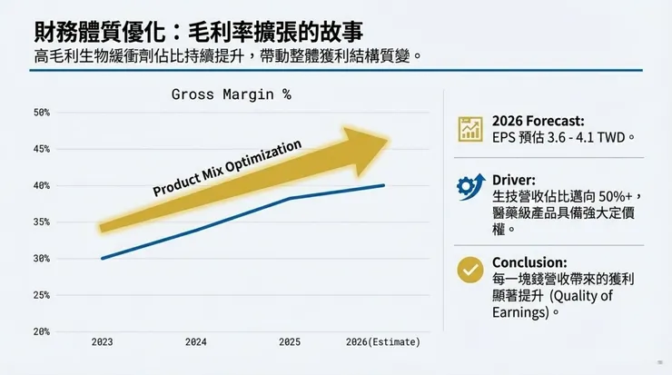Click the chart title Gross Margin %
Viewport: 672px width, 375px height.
(x=232, y=94)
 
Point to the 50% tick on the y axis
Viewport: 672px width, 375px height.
(x=42, y=113)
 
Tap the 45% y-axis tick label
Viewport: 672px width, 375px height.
(x=42, y=149)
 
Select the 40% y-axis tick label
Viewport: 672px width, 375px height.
(x=42, y=186)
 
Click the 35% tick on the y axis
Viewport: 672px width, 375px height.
(x=42, y=222)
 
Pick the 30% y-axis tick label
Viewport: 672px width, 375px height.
(x=42, y=259)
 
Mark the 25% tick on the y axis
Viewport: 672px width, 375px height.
(x=42, y=295)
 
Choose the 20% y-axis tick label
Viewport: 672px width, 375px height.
(x=42, y=331)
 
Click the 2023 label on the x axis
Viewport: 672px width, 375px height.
(x=102, y=342)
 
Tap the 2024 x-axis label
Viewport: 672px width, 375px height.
(x=195, y=342)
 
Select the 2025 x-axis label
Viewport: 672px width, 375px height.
(x=289, y=342)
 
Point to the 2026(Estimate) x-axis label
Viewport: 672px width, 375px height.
(x=382, y=342)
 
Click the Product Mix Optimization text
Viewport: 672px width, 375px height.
(x=226, y=168)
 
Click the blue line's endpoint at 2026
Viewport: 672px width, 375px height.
(x=383, y=185)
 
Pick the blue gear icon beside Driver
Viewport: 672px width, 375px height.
(x=469, y=186)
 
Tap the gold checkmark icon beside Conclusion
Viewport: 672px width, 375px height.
(x=469, y=270)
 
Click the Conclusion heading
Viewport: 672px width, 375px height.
(x=529, y=262)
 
